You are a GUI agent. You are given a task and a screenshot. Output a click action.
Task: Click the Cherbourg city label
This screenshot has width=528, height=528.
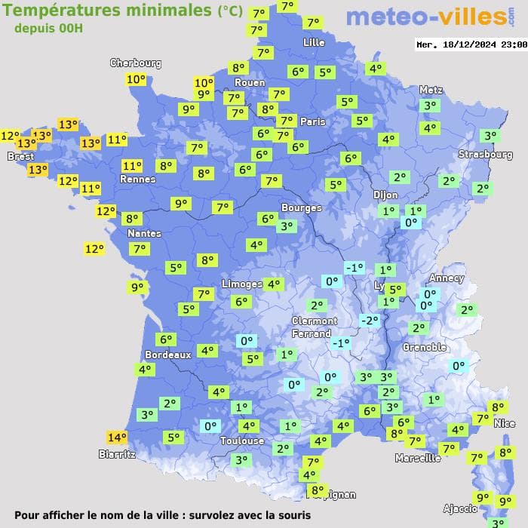tap(136, 63)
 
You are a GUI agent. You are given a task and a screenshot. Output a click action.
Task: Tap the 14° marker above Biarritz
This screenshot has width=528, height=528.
tap(117, 437)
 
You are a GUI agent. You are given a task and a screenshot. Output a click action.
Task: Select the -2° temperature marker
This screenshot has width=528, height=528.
tap(369, 320)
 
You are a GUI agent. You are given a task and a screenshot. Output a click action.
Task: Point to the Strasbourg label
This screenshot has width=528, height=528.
tap(486, 155)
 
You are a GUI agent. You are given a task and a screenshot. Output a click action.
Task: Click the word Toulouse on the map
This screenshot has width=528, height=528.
tap(242, 441)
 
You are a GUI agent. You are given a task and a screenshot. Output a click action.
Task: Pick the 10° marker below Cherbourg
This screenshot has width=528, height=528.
tap(136, 79)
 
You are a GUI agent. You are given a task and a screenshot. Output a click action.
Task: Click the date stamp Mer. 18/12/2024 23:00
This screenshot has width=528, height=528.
tap(471, 45)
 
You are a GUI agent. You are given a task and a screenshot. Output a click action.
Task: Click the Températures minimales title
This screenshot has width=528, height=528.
tap(109, 11)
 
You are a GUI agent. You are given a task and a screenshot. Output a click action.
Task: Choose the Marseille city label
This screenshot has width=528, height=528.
tap(418, 458)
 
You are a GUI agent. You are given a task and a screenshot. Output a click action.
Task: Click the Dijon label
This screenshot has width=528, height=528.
tap(385, 195)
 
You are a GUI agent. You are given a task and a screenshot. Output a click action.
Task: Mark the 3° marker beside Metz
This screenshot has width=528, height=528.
tap(430, 106)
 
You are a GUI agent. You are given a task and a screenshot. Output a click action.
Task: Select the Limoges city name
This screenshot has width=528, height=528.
tap(241, 284)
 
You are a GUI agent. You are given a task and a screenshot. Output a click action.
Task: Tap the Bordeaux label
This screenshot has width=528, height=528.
tap(167, 355)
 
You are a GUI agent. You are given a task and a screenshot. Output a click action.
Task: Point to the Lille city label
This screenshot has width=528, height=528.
tap(314, 42)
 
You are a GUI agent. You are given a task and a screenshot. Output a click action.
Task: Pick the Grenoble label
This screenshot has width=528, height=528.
tap(425, 348)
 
